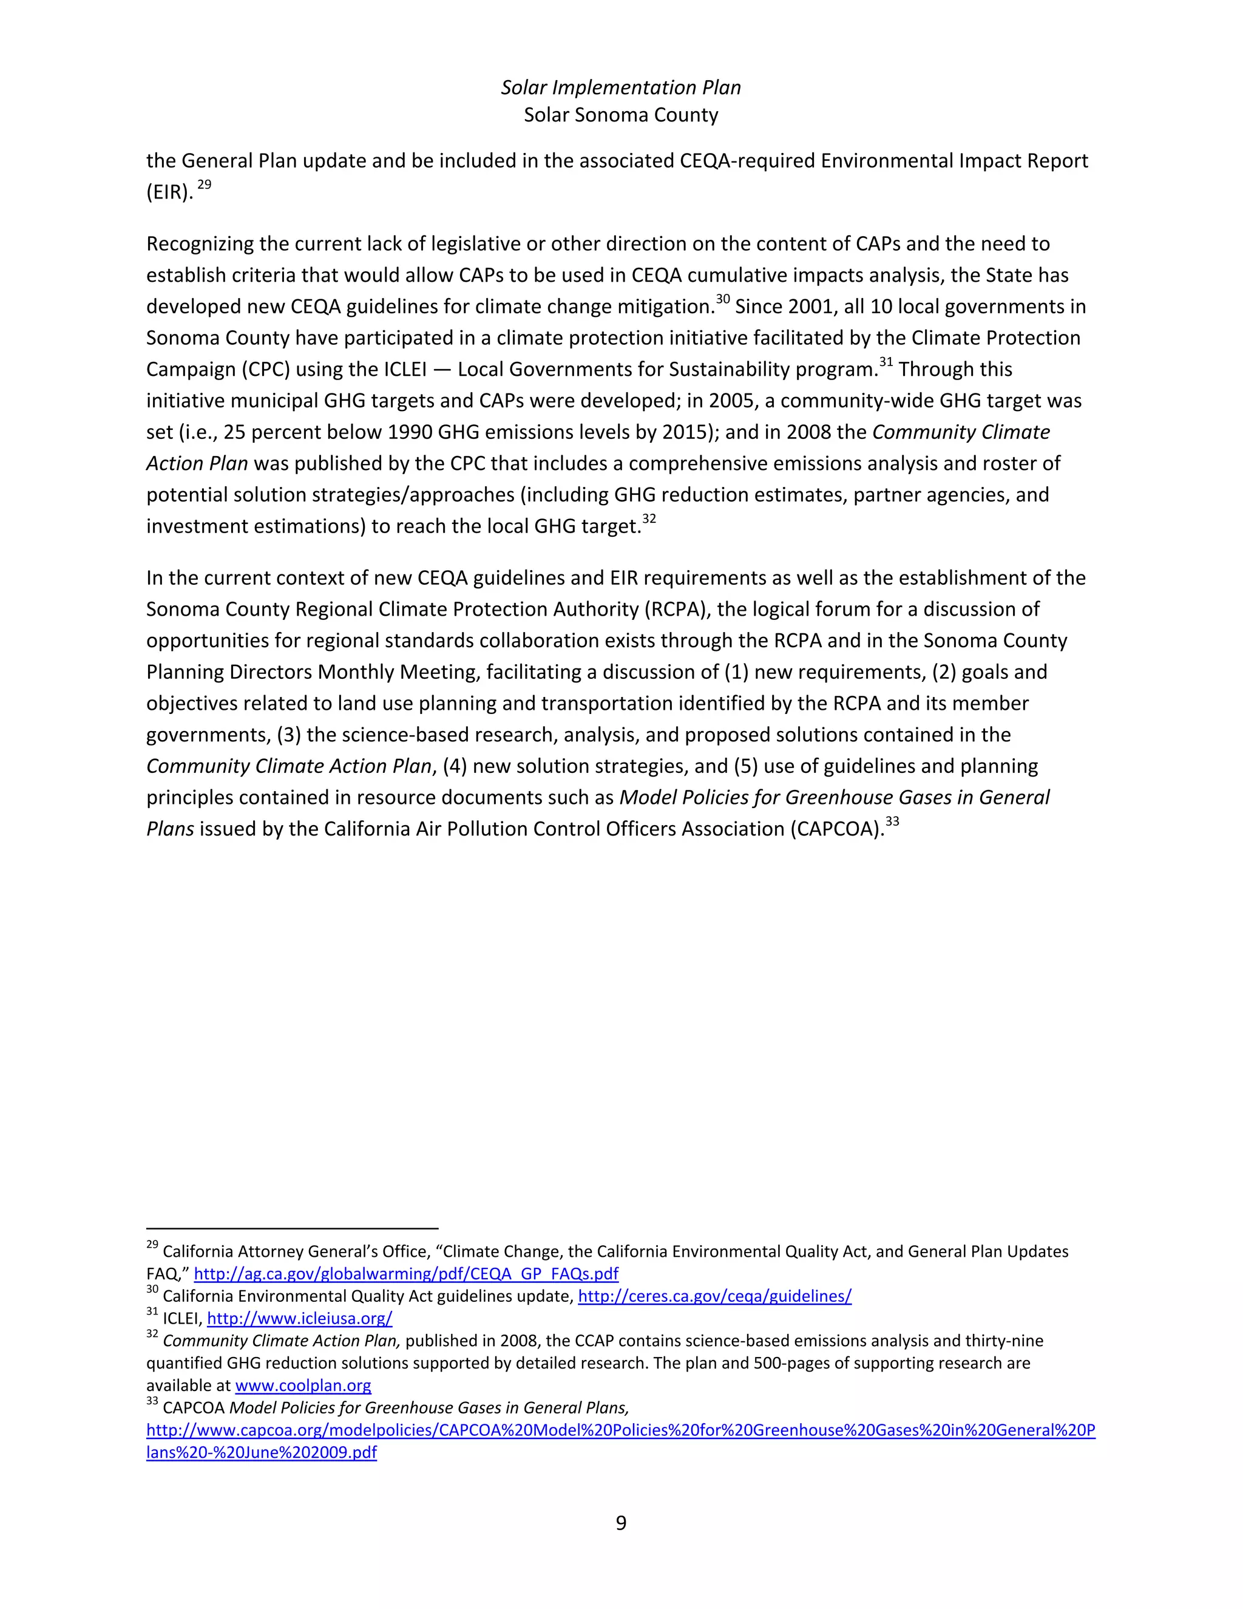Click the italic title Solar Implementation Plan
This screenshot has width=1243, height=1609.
pyautogui.click(x=621, y=87)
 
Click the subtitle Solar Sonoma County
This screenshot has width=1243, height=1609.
pyautogui.click(x=621, y=115)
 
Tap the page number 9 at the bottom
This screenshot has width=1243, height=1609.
pyautogui.click(x=621, y=1522)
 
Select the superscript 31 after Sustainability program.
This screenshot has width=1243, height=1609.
pyautogui.click(x=886, y=362)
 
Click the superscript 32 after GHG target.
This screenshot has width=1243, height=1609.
pyautogui.click(x=649, y=519)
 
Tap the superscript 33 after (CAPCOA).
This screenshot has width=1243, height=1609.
pyautogui.click(x=892, y=822)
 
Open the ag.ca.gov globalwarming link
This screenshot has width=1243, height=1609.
pyautogui.click(x=406, y=1274)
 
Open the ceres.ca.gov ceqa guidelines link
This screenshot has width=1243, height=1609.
pyautogui.click(x=714, y=1296)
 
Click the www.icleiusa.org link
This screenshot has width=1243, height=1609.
pyautogui.click(x=299, y=1318)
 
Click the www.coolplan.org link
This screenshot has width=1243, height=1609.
pyautogui.click(x=303, y=1385)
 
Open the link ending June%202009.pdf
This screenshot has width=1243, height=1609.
pyautogui.click(x=262, y=1452)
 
